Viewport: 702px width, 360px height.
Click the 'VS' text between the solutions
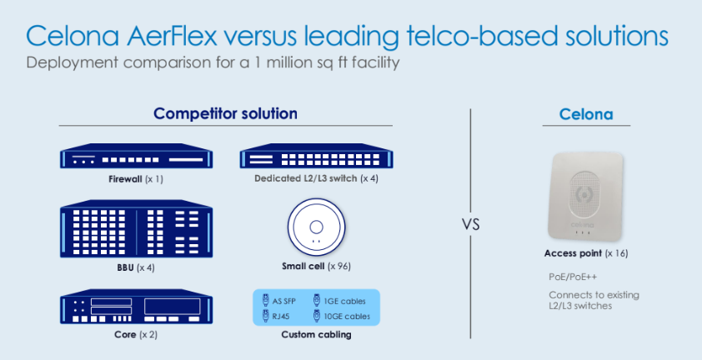click(x=470, y=224)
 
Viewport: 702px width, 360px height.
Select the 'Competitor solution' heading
click(x=225, y=113)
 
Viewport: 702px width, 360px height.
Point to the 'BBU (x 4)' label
click(x=134, y=267)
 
